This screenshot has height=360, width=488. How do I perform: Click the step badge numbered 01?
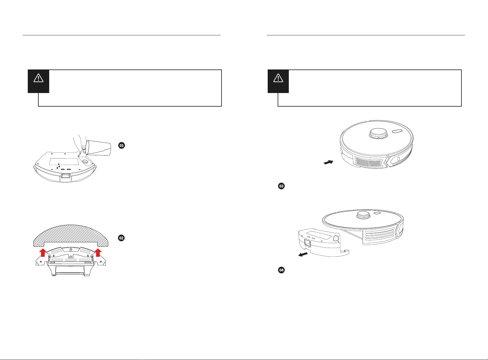[122, 146]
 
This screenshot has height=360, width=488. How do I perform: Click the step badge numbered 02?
[121, 238]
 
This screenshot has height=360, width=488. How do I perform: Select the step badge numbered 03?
[281, 186]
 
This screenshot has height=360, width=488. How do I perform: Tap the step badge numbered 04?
[281, 270]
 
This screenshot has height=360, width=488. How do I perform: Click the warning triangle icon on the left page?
[38, 78]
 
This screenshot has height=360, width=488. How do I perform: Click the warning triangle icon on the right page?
[278, 78]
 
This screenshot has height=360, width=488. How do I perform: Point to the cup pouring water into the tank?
[98, 148]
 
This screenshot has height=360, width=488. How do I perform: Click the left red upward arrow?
[43, 252]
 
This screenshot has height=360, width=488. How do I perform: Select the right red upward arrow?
[98, 252]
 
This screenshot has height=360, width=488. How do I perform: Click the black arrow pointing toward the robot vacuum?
[329, 162]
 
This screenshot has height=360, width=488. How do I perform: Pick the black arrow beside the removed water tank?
[303, 254]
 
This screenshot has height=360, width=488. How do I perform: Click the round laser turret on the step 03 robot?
[379, 133]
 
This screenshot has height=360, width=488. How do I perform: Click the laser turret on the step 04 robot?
[363, 215]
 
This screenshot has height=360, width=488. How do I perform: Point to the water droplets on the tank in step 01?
[58, 166]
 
